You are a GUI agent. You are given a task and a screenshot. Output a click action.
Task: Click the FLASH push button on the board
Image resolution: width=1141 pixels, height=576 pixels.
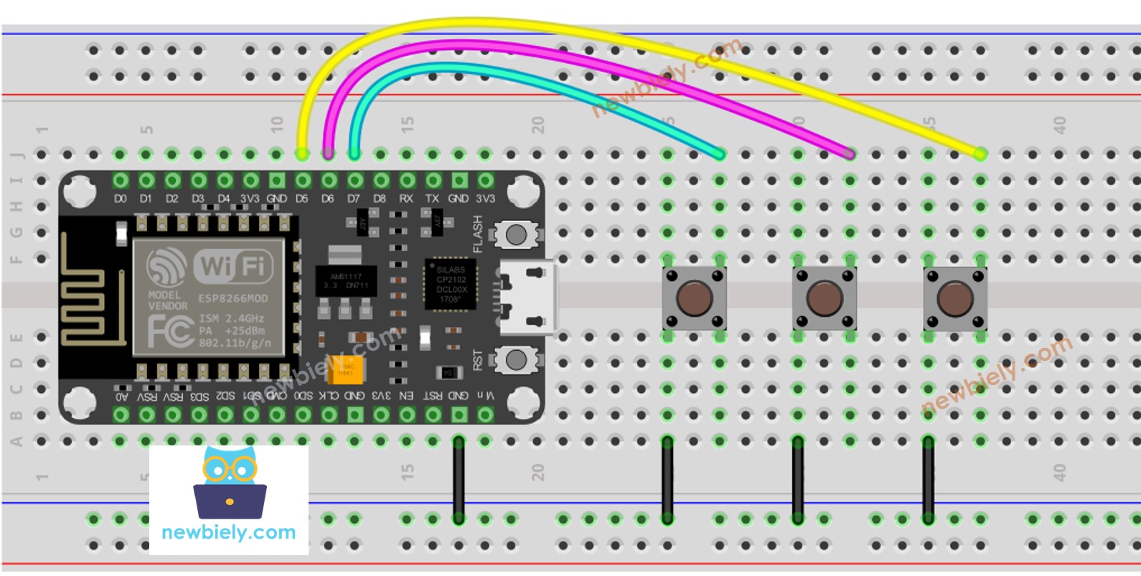click(x=516, y=234)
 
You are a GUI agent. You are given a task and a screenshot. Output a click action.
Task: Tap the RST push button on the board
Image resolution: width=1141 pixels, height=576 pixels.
click(x=516, y=359)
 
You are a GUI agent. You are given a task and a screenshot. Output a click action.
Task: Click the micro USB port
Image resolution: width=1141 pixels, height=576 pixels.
click(x=529, y=296)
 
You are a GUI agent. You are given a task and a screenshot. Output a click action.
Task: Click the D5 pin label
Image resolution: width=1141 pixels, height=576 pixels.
click(x=302, y=199)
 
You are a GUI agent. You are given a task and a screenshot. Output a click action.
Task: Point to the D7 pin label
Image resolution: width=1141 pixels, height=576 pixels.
click(x=354, y=199)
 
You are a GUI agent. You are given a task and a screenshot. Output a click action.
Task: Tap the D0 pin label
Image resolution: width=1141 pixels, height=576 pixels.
click(x=121, y=199)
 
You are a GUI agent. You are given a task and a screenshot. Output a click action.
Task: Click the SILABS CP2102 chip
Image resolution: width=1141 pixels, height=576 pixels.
click(x=451, y=284)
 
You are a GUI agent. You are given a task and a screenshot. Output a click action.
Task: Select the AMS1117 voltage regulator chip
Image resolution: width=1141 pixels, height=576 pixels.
click(x=345, y=280)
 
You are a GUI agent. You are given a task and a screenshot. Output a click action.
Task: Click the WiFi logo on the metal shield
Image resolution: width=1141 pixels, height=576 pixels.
click(x=232, y=266)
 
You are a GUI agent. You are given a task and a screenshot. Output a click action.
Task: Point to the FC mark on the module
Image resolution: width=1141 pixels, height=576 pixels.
click(x=169, y=331)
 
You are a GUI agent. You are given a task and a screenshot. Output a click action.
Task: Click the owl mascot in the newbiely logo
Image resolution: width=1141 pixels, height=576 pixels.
click(x=230, y=482)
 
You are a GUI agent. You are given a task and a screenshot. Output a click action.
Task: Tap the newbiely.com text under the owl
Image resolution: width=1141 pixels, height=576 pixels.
click(x=229, y=532)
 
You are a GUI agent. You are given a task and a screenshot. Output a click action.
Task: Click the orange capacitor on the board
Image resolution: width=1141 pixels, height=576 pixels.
click(x=345, y=370)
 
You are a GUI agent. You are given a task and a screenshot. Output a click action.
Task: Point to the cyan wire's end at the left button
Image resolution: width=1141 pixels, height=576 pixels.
click(x=719, y=154)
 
